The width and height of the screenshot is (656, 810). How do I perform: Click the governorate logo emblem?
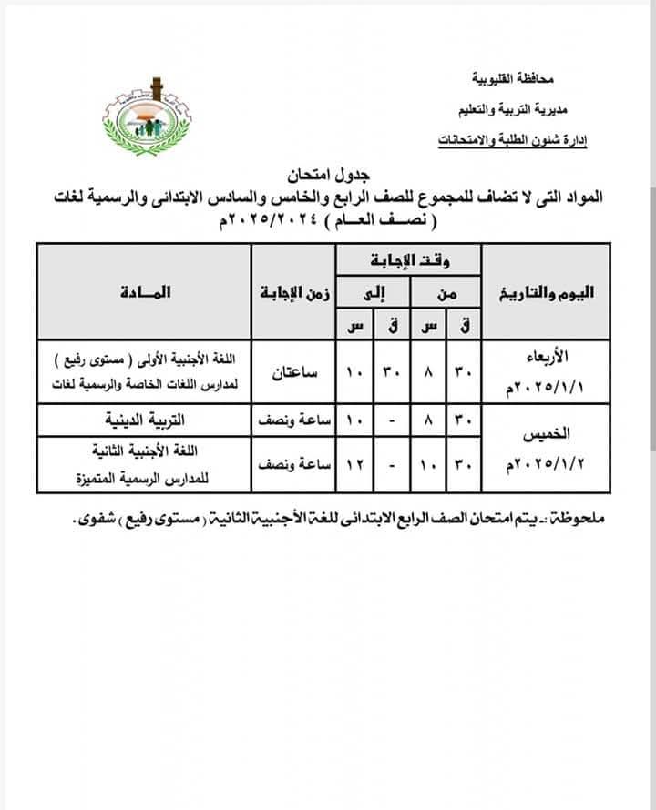(147, 117)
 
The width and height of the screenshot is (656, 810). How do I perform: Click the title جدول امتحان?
(326, 173)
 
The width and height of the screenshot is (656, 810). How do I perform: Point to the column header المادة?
(144, 293)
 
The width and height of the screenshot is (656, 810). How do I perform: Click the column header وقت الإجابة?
(407, 262)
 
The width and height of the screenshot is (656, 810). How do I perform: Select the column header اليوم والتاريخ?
(545, 293)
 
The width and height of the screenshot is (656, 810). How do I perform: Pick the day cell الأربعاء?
(545, 356)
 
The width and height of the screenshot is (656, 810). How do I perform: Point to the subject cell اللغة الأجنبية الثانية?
(144, 451)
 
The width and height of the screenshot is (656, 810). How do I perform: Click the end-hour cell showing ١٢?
(354, 465)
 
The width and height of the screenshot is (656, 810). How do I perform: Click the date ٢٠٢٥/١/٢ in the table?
(545, 465)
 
